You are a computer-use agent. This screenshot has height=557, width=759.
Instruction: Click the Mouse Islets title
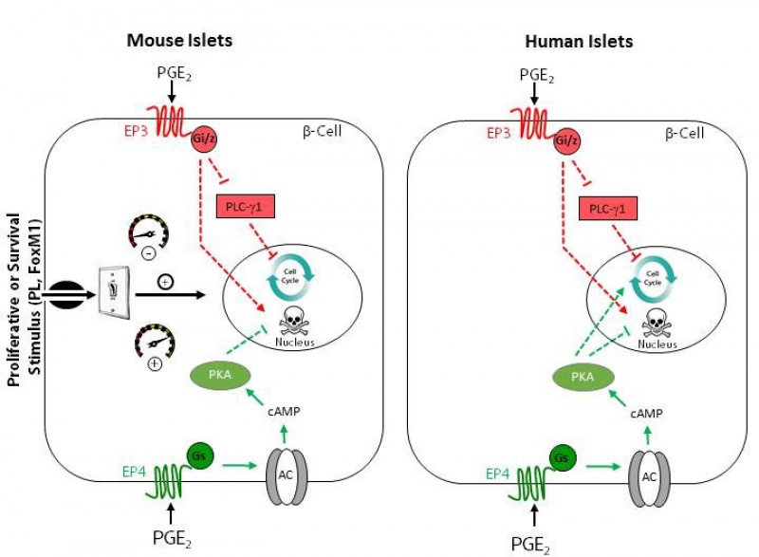(x=179, y=41)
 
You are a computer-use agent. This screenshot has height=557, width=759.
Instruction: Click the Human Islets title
(x=578, y=42)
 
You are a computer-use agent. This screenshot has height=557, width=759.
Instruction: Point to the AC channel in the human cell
(x=649, y=473)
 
